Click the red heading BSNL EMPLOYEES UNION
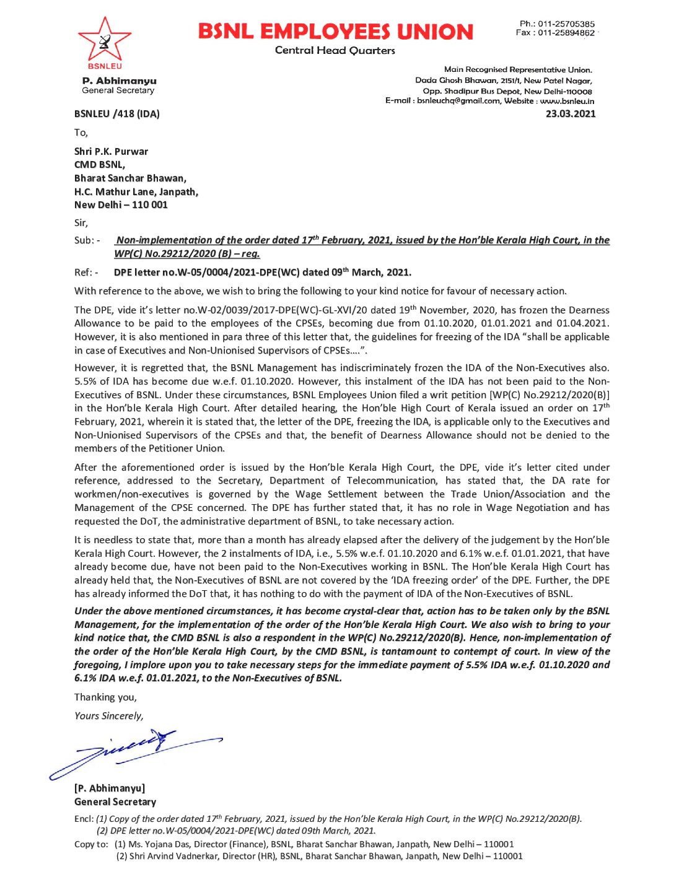pos(335,32)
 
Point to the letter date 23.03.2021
pos(570,114)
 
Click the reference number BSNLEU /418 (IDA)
pos(117,114)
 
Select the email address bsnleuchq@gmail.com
pos(458,100)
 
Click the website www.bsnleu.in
pos(567,100)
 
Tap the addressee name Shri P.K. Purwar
pos(112,152)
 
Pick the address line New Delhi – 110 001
pos(121,205)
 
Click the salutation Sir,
pos(81,223)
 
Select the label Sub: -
pos(87,240)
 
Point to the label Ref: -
pos(86,272)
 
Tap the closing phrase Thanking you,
pos(105,697)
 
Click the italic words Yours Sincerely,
pos(109,716)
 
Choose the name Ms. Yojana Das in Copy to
pos(159,844)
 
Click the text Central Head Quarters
pos(335,51)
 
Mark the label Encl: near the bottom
pos(84,819)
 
